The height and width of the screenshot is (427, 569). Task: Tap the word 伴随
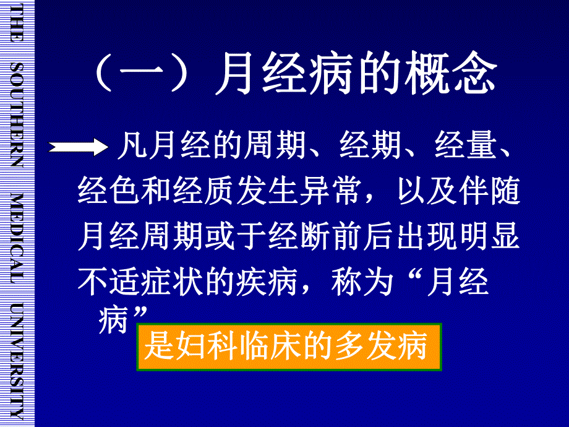(488, 192)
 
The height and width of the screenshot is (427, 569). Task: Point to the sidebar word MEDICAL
(17, 238)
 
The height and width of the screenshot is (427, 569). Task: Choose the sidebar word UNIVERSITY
(17, 362)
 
